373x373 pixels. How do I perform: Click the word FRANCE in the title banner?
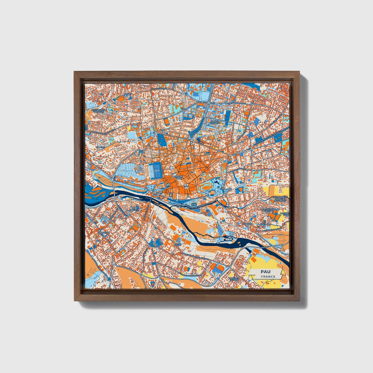(268, 276)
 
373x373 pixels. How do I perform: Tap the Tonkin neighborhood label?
(128, 94)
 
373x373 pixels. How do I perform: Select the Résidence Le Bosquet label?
(99, 111)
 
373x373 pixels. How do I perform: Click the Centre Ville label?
(179, 177)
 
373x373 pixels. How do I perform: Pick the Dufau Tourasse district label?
(216, 122)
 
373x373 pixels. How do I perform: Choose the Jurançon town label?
(104, 232)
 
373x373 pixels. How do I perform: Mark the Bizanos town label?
(247, 224)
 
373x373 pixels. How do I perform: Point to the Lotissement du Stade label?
(268, 210)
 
